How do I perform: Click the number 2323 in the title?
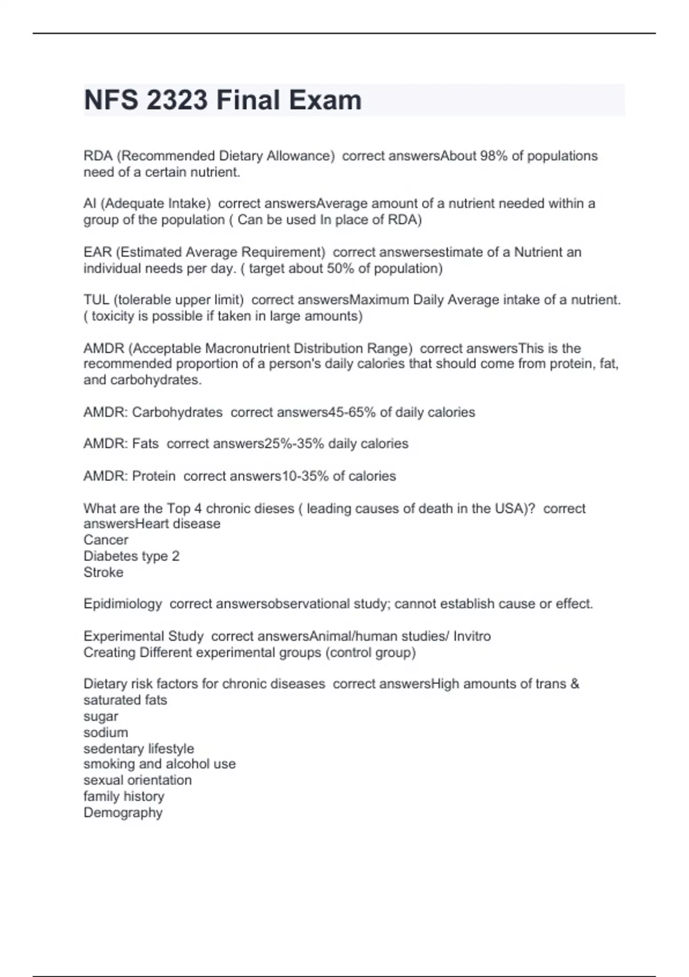pos(177,100)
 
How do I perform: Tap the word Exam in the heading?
pos(325,100)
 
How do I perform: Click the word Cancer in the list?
pos(106,540)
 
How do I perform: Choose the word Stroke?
pos(103,572)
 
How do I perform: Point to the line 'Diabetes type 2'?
pos(131,556)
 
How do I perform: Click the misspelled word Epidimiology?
pos(123,604)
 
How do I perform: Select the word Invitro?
pos(472,636)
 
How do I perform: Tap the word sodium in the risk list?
pos(106,733)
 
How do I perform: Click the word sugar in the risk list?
pos(101,717)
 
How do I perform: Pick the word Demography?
pos(123,813)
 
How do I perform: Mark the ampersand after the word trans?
pos(575,684)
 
